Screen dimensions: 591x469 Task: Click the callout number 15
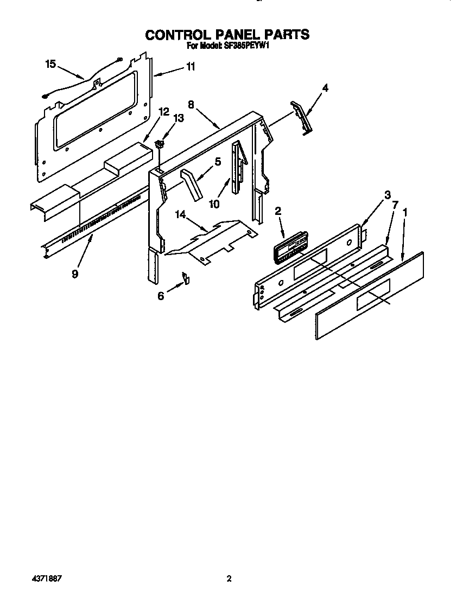[x=50, y=64]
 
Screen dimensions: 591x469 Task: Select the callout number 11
[x=191, y=67]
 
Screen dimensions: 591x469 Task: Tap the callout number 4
[x=325, y=87]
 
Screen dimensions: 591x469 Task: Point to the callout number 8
[x=191, y=104]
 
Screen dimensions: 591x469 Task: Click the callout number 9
[x=74, y=274]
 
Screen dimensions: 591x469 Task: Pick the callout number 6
[x=161, y=296]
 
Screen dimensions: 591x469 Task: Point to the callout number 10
[x=214, y=204]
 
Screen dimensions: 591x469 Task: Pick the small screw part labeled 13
[x=159, y=145]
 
